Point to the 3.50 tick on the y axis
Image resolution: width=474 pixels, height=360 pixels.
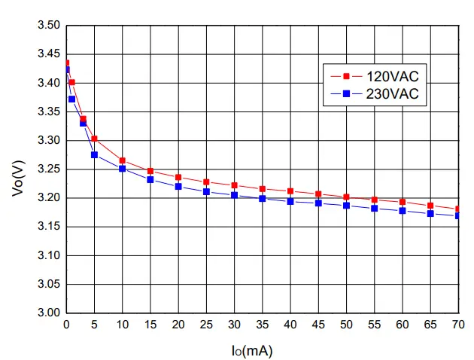pos(48,26)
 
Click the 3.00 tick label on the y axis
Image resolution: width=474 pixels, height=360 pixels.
pos(48,313)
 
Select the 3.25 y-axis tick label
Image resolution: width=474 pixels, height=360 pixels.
pos(48,169)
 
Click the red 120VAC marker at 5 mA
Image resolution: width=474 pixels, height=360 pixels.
pos(94,139)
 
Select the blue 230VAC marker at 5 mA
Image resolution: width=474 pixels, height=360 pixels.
pos(94,155)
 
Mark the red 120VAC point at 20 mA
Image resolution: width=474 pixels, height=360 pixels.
pos(178,178)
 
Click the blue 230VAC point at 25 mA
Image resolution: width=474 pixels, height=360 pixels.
pos(206,192)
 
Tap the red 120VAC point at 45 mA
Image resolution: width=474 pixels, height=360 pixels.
pos(318,194)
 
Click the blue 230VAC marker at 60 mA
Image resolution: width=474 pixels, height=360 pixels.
pos(403,211)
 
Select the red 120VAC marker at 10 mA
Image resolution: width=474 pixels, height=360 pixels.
pos(122,160)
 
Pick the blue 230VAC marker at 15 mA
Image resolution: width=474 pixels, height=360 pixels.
pos(150,180)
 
